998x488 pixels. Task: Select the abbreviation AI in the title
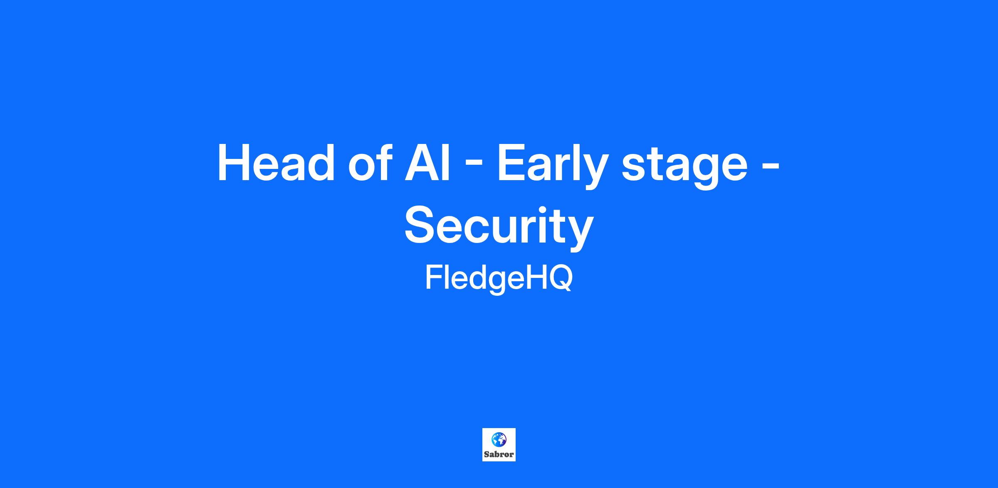coord(427,163)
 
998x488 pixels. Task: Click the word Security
coord(499,227)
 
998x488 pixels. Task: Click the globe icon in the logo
coord(499,439)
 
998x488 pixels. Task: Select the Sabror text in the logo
coord(499,455)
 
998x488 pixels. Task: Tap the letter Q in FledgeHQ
coord(559,278)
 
